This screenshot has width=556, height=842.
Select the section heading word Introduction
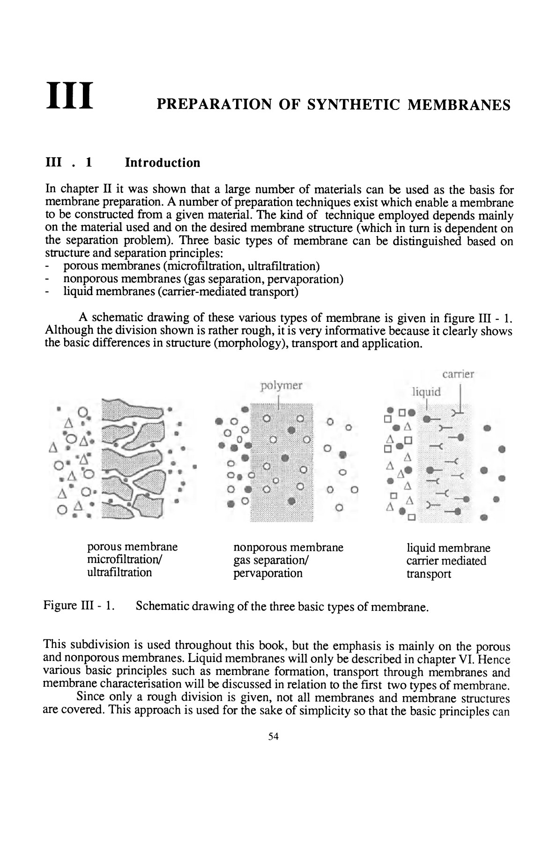pyautogui.click(x=163, y=163)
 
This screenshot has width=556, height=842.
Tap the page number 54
pyautogui.click(x=274, y=737)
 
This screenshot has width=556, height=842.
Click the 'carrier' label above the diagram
pyautogui.click(x=458, y=374)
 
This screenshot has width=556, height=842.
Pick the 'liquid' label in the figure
pyautogui.click(x=426, y=392)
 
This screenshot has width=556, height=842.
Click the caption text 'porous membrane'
pyautogui.click(x=133, y=547)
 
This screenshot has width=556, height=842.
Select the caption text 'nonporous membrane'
pyautogui.click(x=288, y=547)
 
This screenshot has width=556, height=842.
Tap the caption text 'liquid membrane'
pyautogui.click(x=448, y=548)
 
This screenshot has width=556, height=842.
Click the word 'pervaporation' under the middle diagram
pyautogui.click(x=267, y=573)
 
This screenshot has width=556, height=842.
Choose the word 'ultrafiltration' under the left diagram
pyautogui.click(x=119, y=573)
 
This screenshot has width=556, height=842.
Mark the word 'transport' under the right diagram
pyautogui.click(x=429, y=574)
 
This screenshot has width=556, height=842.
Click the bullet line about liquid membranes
pyautogui.click(x=180, y=292)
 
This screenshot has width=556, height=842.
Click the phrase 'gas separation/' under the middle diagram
pyautogui.click(x=270, y=560)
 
